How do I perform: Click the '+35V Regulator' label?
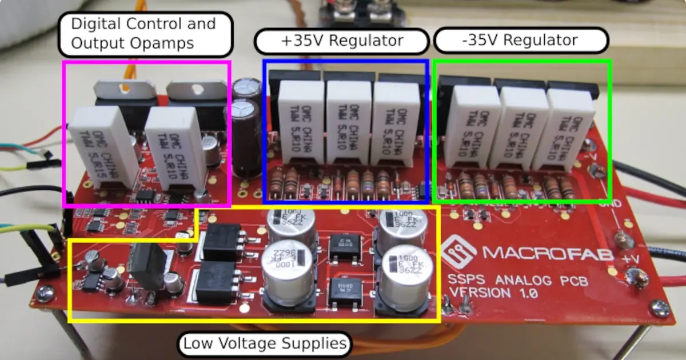(341, 42)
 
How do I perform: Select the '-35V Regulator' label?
(520, 41)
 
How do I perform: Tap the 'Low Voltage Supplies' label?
(264, 343)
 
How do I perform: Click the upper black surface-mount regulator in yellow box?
(222, 241)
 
